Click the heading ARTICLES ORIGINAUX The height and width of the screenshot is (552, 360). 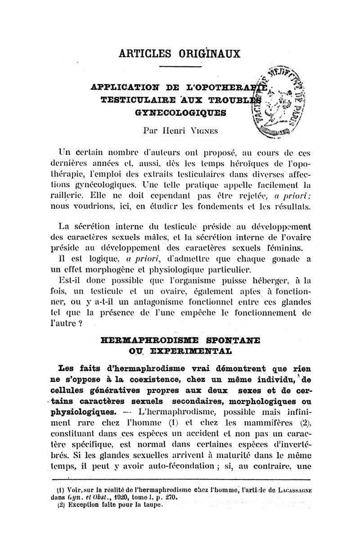pos(180,53)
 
